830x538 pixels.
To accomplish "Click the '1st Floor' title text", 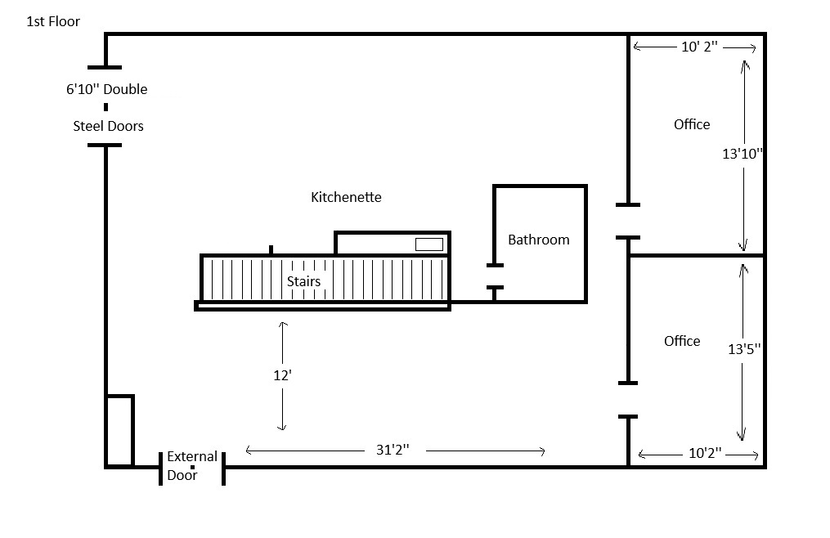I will (x=54, y=22).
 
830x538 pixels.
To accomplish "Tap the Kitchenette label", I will (x=346, y=197).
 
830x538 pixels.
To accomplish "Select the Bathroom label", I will (x=538, y=240).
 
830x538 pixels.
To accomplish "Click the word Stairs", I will (x=303, y=281).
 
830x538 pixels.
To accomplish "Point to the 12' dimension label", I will (x=282, y=376).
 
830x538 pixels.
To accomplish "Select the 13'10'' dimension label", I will (x=743, y=153).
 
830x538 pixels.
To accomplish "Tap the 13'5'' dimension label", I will (x=744, y=348).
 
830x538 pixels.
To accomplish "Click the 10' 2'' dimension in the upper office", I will (x=699, y=47).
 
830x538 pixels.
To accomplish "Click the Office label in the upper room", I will (x=692, y=124).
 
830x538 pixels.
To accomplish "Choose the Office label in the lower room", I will (x=682, y=341).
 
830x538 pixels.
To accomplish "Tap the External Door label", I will (x=192, y=466).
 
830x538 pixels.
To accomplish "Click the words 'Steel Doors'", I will (x=108, y=126).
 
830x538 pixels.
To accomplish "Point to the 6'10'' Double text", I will (x=106, y=89).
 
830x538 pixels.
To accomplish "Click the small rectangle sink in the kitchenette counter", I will (x=429, y=244).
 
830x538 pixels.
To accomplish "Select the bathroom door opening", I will (x=495, y=276).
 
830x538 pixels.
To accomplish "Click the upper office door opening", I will (x=628, y=221).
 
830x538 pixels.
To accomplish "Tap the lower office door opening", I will (x=628, y=400).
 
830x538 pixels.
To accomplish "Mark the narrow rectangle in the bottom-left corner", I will (x=119, y=431).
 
